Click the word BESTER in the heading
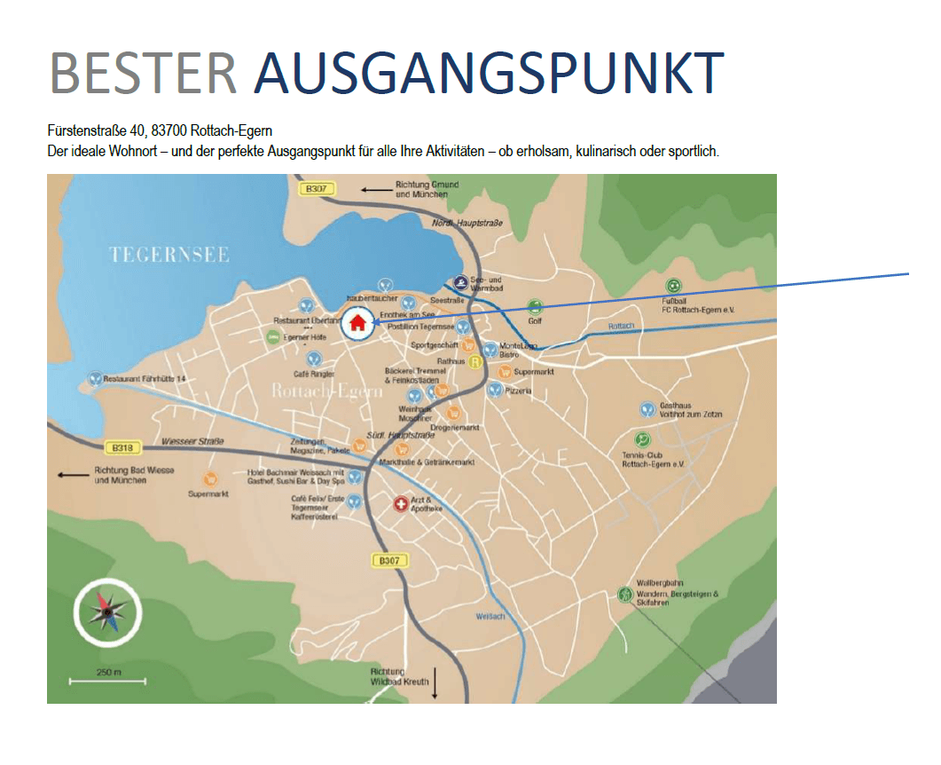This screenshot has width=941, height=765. point(143,73)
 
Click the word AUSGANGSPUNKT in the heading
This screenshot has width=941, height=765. point(489,73)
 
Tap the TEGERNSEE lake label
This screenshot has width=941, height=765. point(169,256)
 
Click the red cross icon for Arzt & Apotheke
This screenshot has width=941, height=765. point(401,504)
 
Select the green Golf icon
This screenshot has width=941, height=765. point(534,306)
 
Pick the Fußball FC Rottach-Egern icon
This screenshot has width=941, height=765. point(674,286)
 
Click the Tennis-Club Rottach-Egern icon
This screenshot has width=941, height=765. point(642,439)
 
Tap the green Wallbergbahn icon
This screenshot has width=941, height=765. point(626,595)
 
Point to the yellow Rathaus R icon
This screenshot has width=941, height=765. point(475,362)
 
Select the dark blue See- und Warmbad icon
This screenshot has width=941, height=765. point(460,283)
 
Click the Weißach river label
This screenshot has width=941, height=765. point(490,616)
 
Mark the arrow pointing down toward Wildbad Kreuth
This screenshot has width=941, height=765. point(435,682)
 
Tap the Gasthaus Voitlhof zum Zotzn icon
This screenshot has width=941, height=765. point(647,409)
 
